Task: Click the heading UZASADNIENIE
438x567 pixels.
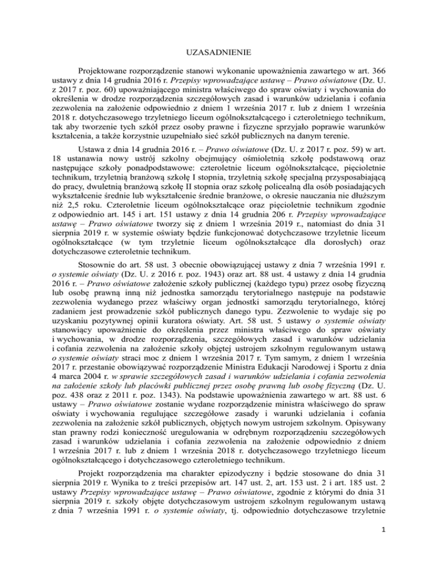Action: [218, 59]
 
